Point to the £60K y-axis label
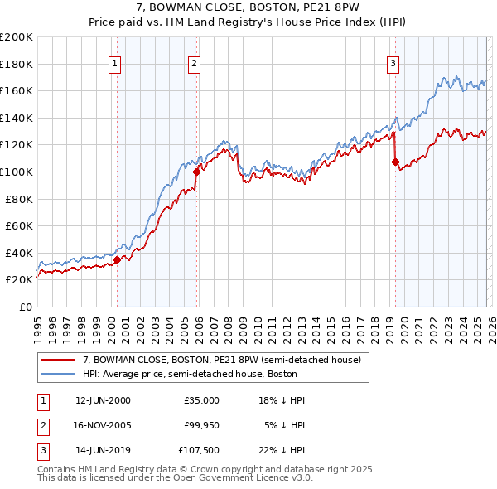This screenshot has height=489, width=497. pos(19,225)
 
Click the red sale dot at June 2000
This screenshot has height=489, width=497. pos(117,259)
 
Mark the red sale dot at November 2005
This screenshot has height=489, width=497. pos(196,172)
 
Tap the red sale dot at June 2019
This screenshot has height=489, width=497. pos(395,162)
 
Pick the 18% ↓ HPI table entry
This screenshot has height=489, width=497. pos(282,400)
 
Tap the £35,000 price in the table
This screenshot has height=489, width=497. pos(200,400)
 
